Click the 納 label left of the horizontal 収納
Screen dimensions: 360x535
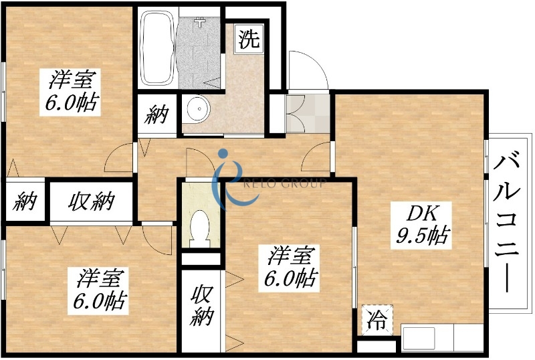26,200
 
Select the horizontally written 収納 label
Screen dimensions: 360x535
91,200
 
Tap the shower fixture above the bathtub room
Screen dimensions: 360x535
199,22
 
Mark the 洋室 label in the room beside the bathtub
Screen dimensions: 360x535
70,80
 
